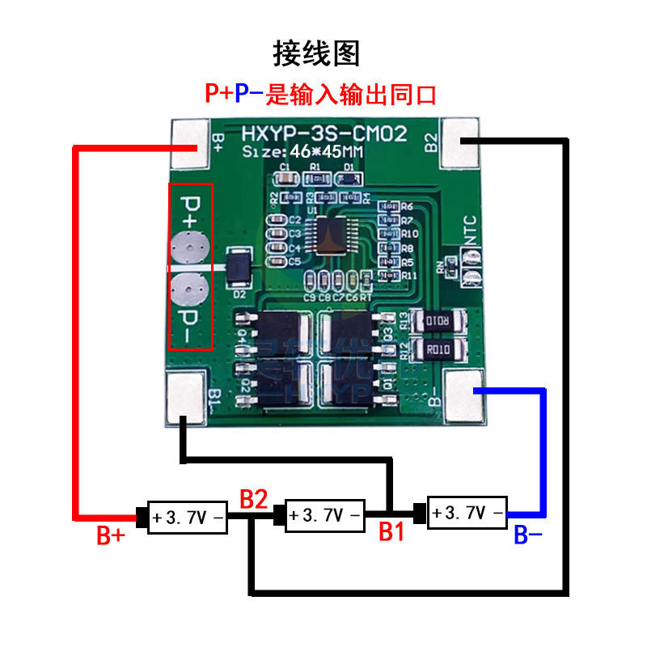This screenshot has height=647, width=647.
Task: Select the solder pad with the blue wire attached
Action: [x=467, y=396]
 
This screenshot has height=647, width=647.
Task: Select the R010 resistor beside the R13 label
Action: [x=438, y=323]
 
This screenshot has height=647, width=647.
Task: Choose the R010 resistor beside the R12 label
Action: [x=438, y=349]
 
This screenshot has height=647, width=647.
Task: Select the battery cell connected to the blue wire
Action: [x=467, y=511]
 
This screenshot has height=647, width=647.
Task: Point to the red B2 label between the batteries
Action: [x=253, y=499]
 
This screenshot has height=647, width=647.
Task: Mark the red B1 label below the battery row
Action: [x=391, y=531]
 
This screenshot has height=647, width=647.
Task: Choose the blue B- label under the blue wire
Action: [x=528, y=535]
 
